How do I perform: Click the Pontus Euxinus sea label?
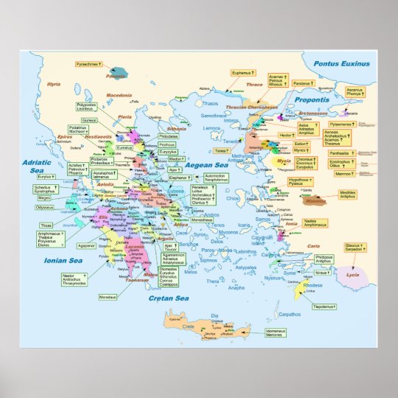[x=341, y=64]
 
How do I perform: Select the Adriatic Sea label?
[x=42, y=165]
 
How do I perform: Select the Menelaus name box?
[x=108, y=297]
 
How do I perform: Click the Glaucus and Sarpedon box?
[x=354, y=248]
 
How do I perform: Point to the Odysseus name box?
[x=45, y=208]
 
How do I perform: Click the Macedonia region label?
[x=118, y=96]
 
